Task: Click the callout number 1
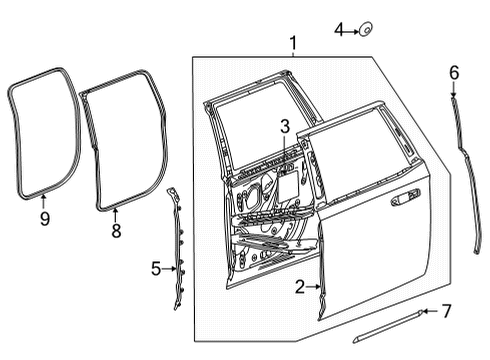[x=293, y=44]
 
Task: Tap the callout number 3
[x=284, y=126]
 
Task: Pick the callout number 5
[x=156, y=268]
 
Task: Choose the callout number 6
[x=454, y=72]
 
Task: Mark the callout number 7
[x=447, y=311]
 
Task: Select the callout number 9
[x=43, y=217]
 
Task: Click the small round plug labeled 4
[x=366, y=31]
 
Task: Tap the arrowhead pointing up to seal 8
[x=116, y=213]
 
